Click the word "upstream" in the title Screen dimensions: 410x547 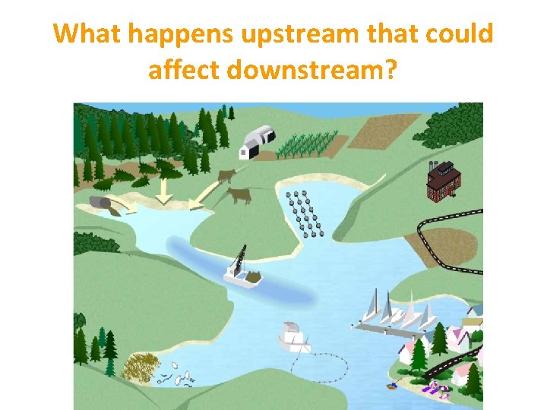298,34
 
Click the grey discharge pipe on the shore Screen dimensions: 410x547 100,203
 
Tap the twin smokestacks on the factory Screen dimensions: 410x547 434,165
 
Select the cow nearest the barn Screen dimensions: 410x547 226,177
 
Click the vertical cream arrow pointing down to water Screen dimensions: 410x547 162,191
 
